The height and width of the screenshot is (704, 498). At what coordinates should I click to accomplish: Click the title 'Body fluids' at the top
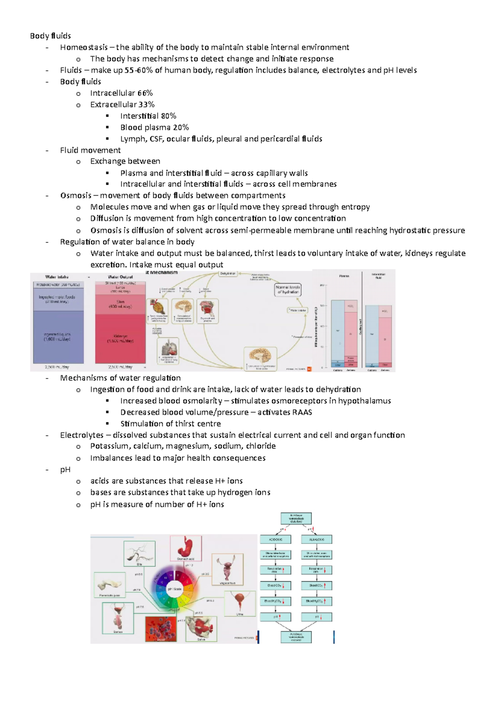click(x=50, y=36)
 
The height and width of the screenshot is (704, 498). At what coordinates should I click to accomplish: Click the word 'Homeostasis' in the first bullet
click(x=84, y=47)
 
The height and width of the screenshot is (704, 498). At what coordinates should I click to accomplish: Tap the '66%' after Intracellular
click(x=145, y=93)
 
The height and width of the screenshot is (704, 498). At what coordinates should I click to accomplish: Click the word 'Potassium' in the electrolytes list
click(x=109, y=446)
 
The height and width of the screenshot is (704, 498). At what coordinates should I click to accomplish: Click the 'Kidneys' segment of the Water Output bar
click(x=120, y=338)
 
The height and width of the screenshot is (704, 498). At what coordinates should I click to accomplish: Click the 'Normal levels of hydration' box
click(x=288, y=289)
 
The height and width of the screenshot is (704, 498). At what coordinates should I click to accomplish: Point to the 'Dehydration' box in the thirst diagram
click(x=228, y=274)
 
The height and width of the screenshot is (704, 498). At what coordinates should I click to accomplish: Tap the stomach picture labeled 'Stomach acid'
click(x=186, y=547)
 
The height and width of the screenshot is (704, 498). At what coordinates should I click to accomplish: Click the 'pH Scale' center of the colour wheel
click(x=175, y=589)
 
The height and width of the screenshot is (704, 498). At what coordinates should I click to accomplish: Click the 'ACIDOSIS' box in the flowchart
click(x=276, y=539)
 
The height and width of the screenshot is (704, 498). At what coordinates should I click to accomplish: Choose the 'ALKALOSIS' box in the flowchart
click(x=317, y=539)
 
